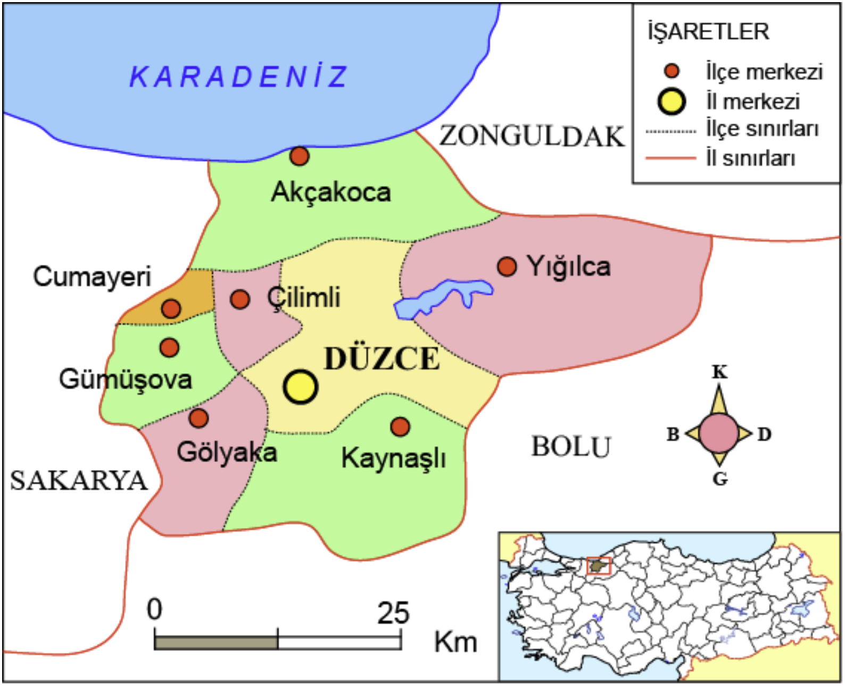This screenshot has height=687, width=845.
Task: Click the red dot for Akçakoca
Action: click(299, 156)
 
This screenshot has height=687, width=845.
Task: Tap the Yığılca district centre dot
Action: click(507, 266)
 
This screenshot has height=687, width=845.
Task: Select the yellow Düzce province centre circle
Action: click(301, 387)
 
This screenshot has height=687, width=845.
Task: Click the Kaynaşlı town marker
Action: click(400, 426)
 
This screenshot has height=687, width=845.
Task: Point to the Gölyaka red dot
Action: click(198, 418)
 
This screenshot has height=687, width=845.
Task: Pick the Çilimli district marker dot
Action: click(240, 299)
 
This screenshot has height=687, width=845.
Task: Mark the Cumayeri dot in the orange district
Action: click(171, 308)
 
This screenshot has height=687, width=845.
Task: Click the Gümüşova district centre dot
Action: click(169, 347)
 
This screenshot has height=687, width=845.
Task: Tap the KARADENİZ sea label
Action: click(239, 77)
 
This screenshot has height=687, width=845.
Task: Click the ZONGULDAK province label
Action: click(531, 136)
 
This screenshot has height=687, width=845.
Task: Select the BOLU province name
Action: click(571, 447)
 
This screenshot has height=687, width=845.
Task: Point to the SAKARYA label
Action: click(78, 481)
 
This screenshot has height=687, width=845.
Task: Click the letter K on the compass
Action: click(719, 372)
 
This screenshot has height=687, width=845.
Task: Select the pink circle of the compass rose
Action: click(719, 433)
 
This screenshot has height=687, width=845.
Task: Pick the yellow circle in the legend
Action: click(672, 102)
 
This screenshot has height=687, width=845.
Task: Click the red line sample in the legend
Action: click(670, 158)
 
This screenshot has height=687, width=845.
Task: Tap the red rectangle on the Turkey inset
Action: click(599, 566)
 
